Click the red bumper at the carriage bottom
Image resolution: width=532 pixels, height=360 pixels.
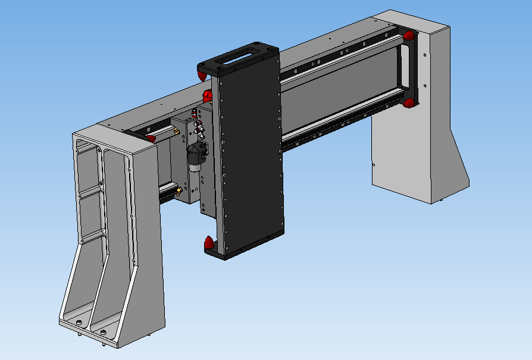[x=209, y=243]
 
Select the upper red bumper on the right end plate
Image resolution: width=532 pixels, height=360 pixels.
[x=409, y=36]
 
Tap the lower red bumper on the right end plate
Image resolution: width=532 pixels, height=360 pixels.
[x=409, y=104]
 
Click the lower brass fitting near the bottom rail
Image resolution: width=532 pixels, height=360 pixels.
[x=178, y=191]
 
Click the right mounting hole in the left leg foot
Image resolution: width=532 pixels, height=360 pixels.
[x=103, y=331]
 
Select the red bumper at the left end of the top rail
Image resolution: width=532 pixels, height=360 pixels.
[x=151, y=139]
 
